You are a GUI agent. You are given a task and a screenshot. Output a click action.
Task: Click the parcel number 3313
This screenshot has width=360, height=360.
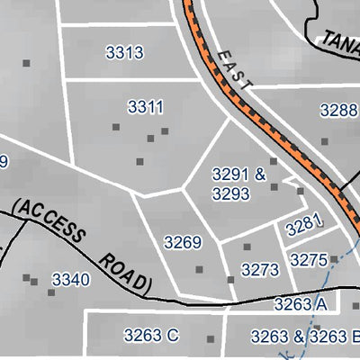[124, 53]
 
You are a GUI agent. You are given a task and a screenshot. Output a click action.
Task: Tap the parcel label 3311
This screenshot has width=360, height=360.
[145, 108]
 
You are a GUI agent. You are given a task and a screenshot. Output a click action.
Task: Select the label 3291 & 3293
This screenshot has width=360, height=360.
[238, 183]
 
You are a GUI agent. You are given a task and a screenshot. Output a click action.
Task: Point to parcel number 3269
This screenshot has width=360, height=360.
[183, 242]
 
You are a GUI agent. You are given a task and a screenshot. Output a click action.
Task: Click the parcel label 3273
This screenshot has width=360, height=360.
[261, 269]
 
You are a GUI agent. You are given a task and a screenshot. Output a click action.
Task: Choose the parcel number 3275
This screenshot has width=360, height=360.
[309, 260]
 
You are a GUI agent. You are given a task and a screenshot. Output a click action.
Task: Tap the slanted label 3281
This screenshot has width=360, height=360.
[303, 226]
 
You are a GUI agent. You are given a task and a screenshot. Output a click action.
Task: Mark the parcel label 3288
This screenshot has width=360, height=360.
[339, 111]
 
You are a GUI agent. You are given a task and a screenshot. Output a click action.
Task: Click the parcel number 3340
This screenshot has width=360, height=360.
[71, 280]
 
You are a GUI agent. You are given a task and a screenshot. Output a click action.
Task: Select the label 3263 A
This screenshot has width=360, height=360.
[301, 305]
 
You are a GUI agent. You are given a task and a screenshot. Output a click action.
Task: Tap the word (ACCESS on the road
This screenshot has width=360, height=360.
[50, 219]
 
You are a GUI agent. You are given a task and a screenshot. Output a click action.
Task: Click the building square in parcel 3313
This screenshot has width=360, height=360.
[26, 63]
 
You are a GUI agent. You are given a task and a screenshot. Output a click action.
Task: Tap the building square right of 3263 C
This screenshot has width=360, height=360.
[211, 339]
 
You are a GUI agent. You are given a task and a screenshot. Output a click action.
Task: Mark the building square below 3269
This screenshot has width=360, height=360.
[199, 268]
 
